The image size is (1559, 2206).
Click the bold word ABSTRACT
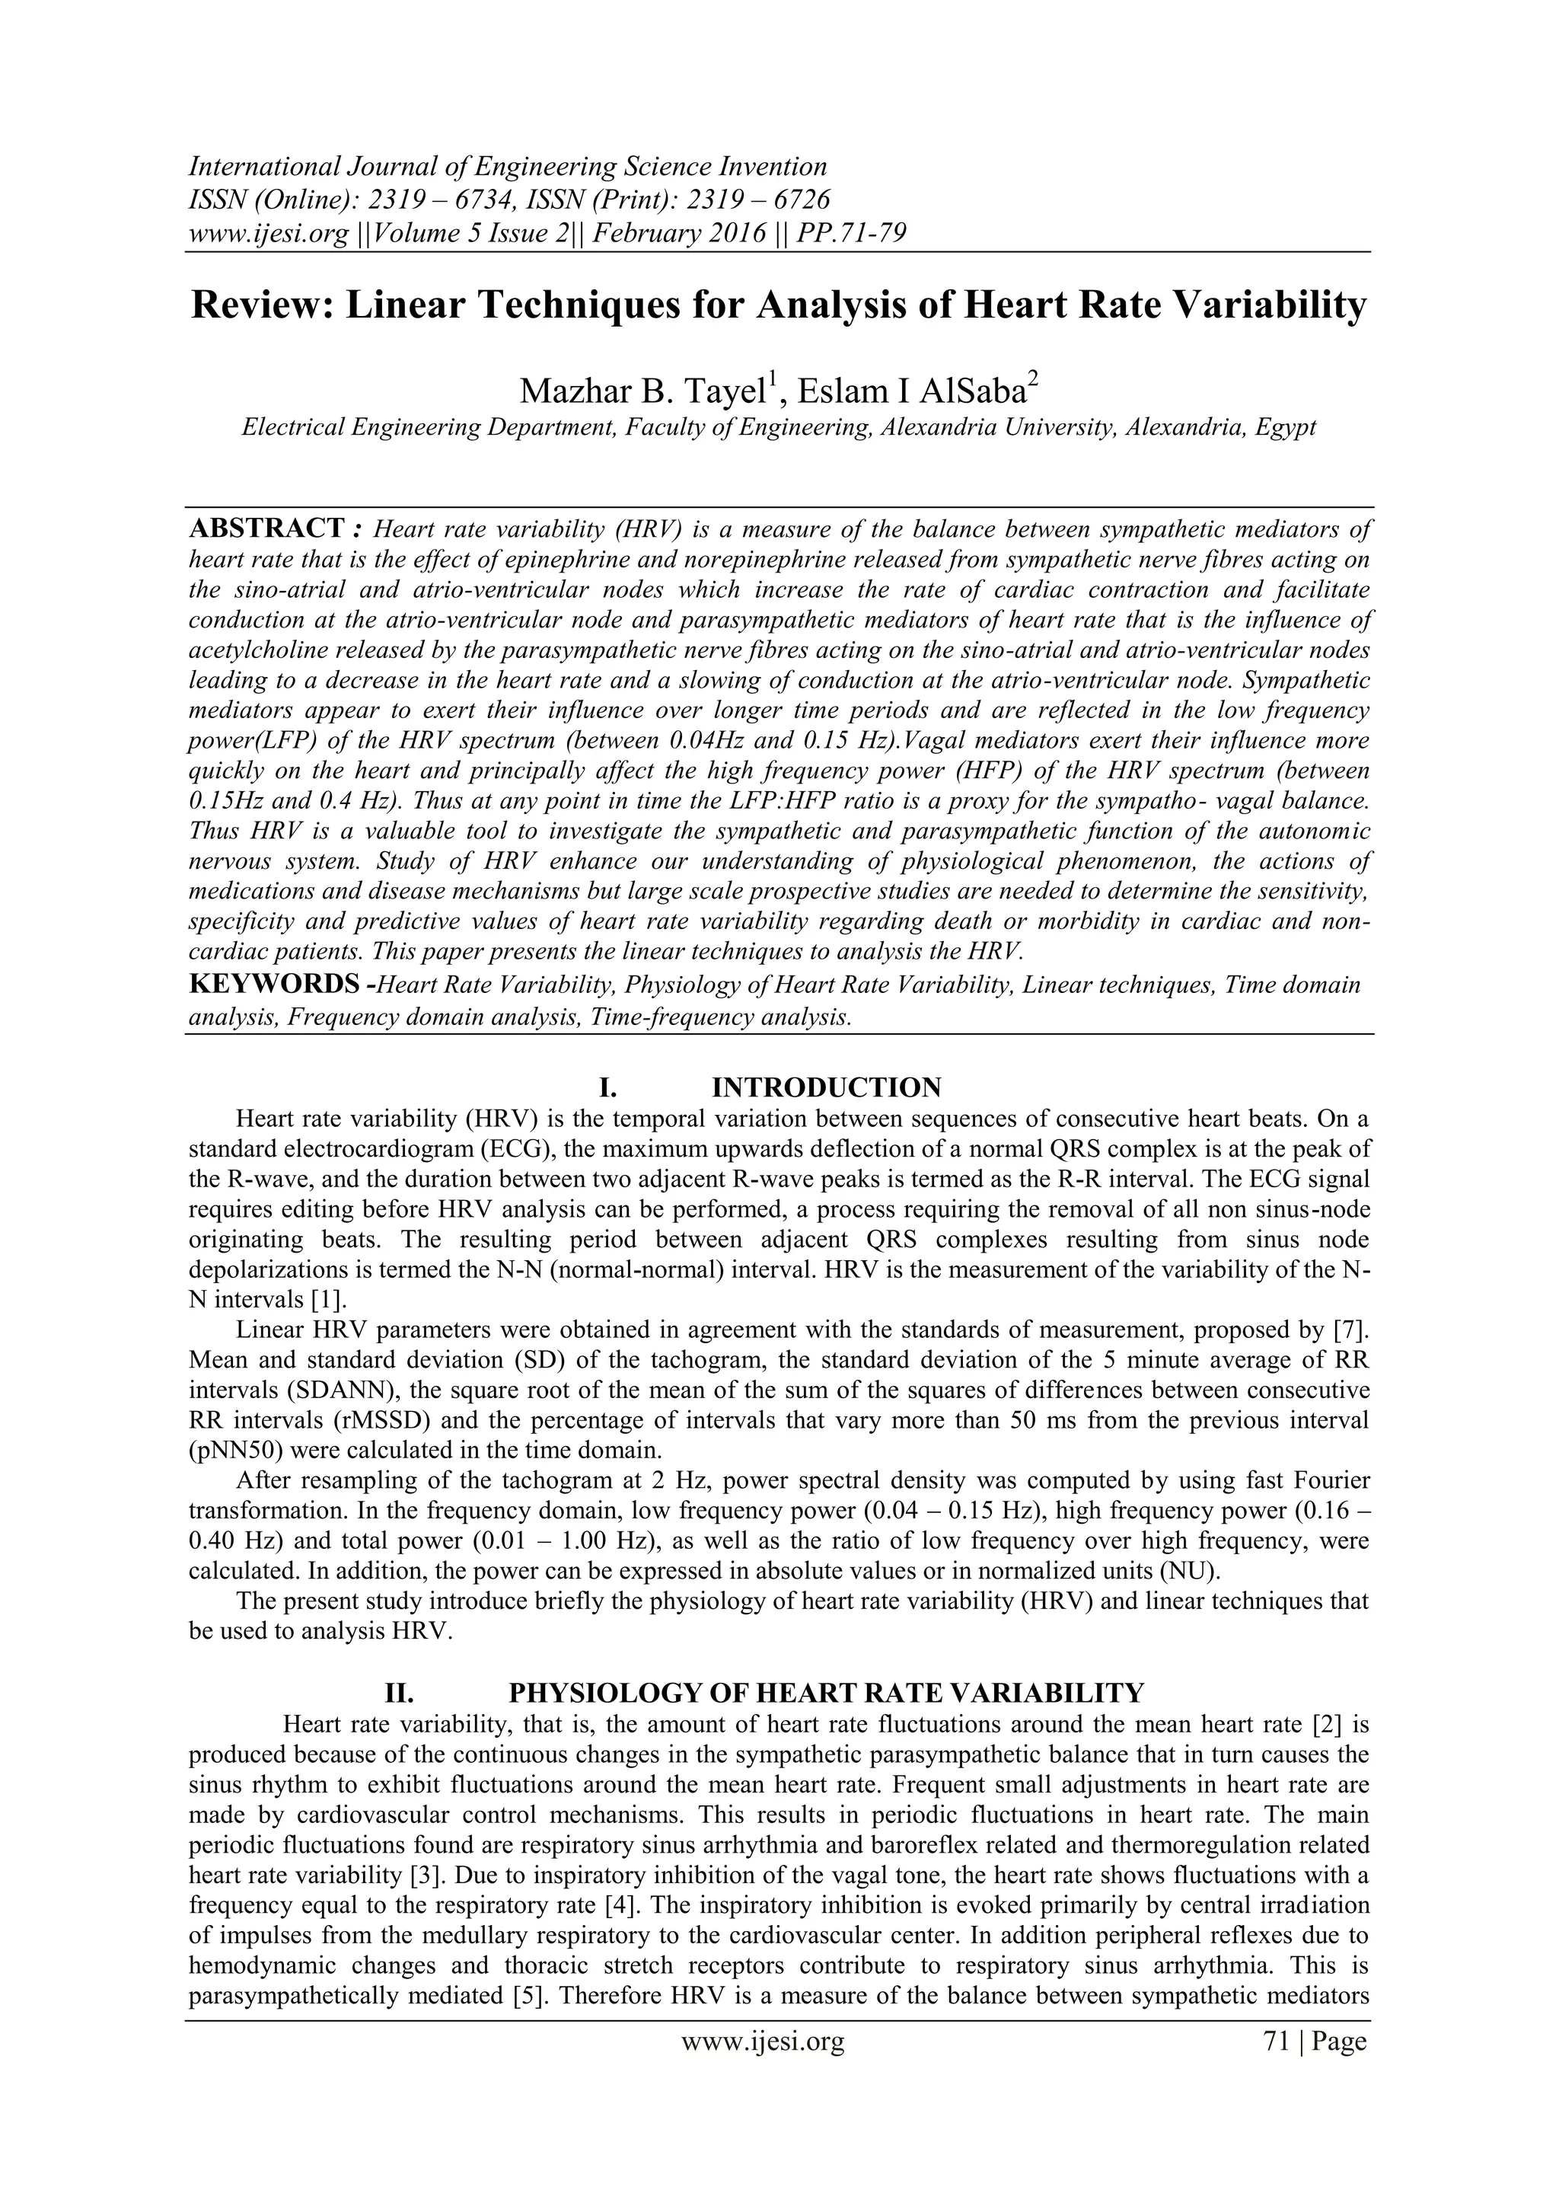click(x=267, y=528)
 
